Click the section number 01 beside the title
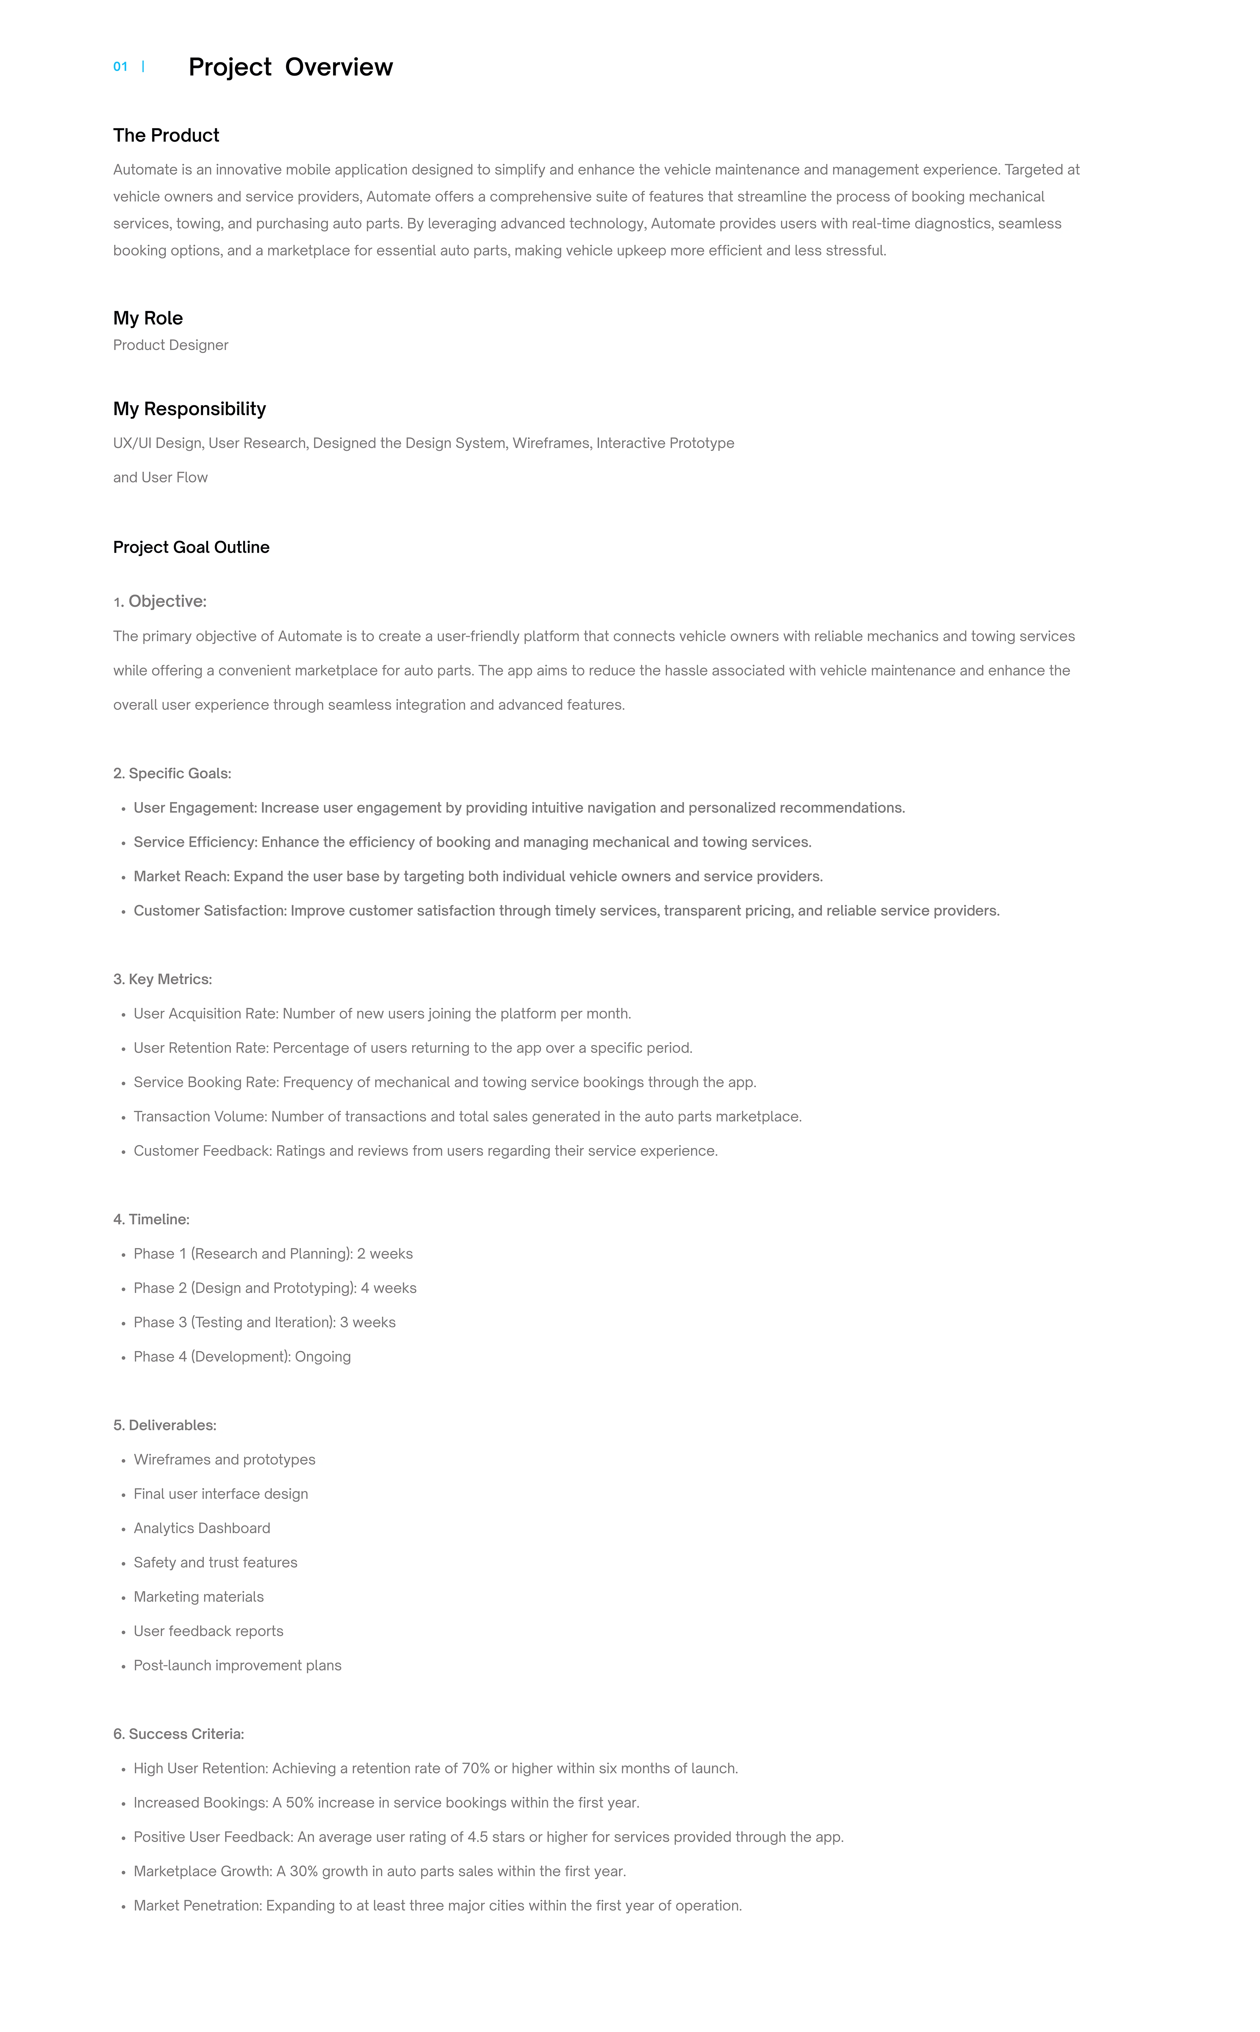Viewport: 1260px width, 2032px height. click(x=120, y=67)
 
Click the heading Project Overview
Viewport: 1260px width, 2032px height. click(x=290, y=67)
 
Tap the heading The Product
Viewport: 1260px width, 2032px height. click(x=166, y=135)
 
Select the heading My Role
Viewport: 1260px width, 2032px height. click(x=148, y=318)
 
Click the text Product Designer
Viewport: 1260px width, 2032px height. click(x=170, y=345)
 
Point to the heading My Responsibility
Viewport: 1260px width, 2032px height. click(x=189, y=408)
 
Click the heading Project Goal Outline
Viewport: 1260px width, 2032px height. click(x=191, y=547)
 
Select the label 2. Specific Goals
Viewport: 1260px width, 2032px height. click(x=172, y=773)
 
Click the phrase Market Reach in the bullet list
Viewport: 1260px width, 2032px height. click(x=181, y=876)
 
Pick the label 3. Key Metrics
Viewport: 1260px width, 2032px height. click(x=162, y=979)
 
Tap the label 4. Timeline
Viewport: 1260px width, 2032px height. click(x=151, y=1219)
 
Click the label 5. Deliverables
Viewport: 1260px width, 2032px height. click(x=164, y=1425)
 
